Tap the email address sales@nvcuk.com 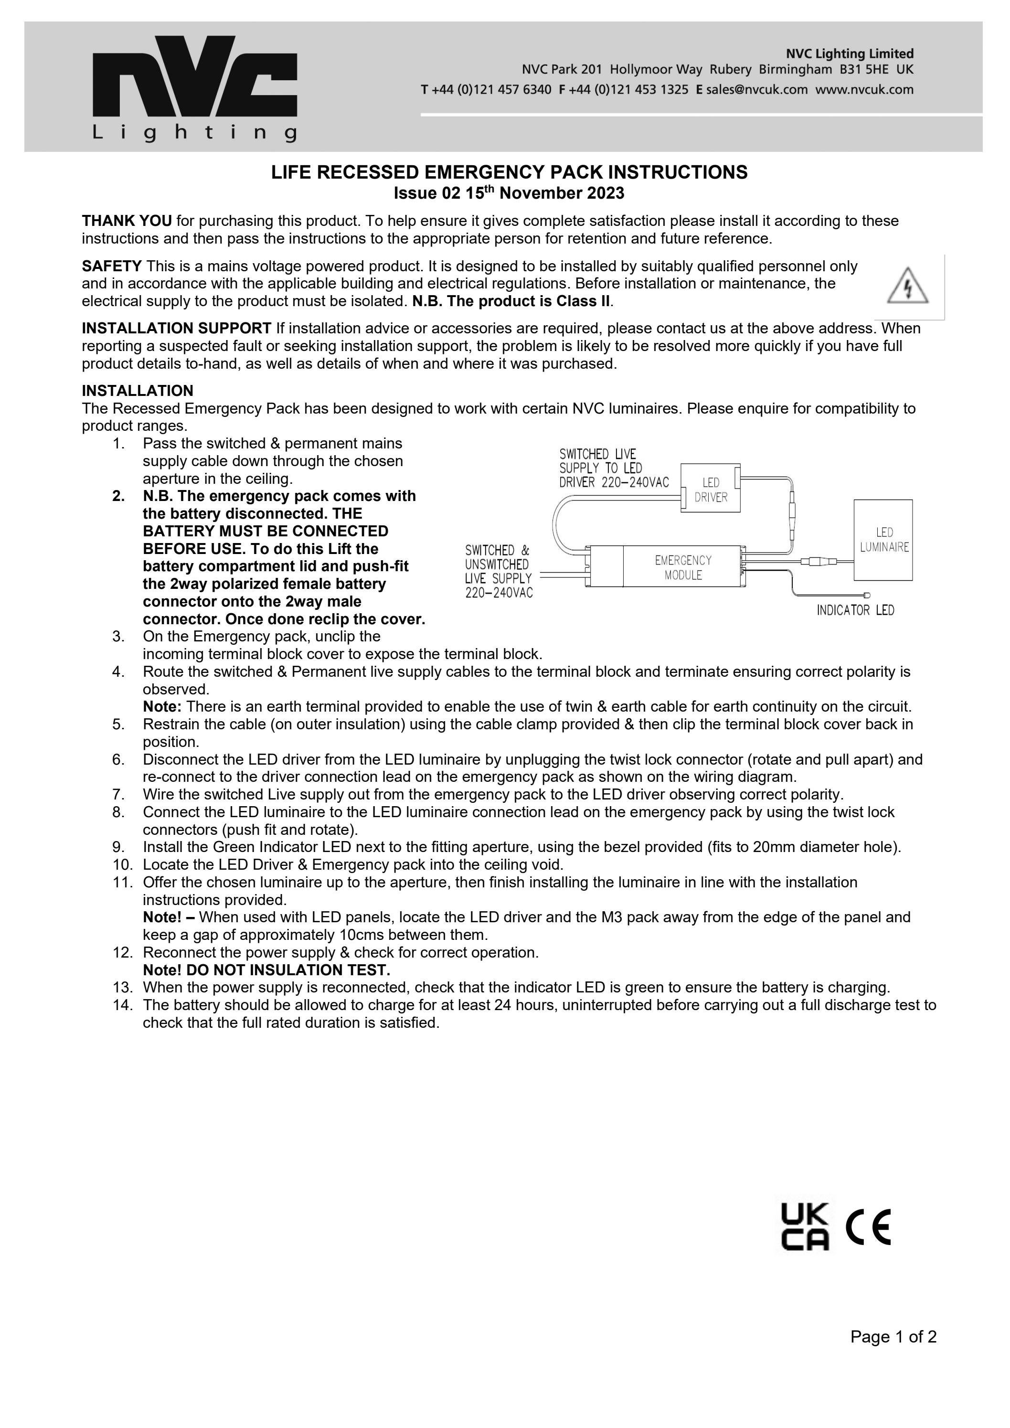pyautogui.click(x=756, y=90)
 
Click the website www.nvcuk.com pyautogui.click(x=864, y=90)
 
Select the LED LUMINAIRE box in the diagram pyautogui.click(x=883, y=540)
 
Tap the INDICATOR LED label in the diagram pyautogui.click(x=855, y=610)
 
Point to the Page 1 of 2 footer pyautogui.click(x=893, y=1354)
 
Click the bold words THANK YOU pyautogui.click(x=127, y=221)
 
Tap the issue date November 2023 pyautogui.click(x=561, y=193)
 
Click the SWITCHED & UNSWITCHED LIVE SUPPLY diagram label pyautogui.click(x=498, y=571)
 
